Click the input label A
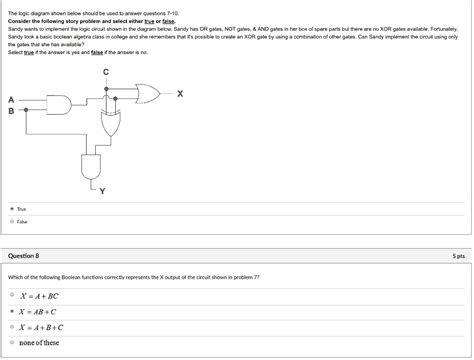coord(11,100)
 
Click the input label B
coord(11,111)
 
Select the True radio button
coord(11,210)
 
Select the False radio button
coord(11,222)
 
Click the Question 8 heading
coord(24,256)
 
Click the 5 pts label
coord(457,256)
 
